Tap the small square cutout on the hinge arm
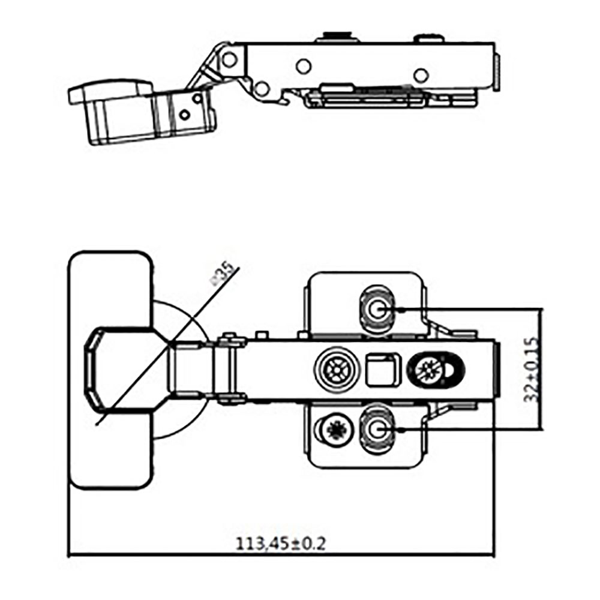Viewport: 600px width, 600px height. tap(379, 368)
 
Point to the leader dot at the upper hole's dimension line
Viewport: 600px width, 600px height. tap(398, 310)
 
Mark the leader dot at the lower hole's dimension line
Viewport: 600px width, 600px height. tap(398, 429)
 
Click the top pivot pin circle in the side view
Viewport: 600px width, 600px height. tap(229, 59)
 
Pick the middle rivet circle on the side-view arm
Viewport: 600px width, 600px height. tap(304, 65)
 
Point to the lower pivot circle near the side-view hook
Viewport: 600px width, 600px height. tap(260, 89)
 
